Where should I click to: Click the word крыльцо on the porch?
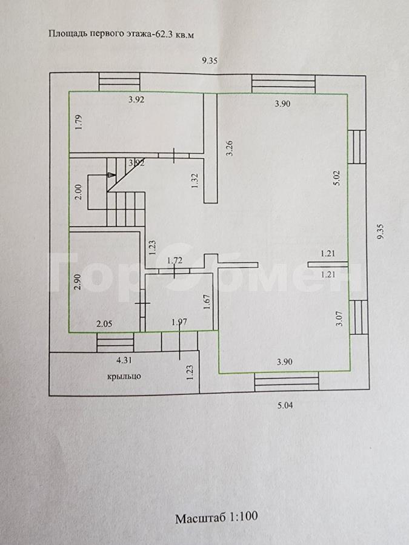124,377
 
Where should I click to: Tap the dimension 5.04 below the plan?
285,405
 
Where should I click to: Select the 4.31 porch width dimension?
124,360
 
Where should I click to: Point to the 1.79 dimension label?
79,122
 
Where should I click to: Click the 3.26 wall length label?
229,148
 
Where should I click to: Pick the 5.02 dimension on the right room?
337,177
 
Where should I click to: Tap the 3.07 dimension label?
340,319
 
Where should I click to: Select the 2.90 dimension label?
77,282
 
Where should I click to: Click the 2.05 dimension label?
104,324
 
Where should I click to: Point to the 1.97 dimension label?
179,322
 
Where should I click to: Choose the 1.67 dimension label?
207,302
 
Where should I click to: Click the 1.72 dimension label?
175,260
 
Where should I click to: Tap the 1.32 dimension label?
195,180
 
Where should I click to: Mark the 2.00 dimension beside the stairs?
78,191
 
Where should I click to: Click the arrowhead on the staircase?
112,175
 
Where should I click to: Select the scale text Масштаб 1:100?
216,517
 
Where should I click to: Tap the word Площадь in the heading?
67,34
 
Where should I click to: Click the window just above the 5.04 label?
287,381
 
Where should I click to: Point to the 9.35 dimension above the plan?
210,61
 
